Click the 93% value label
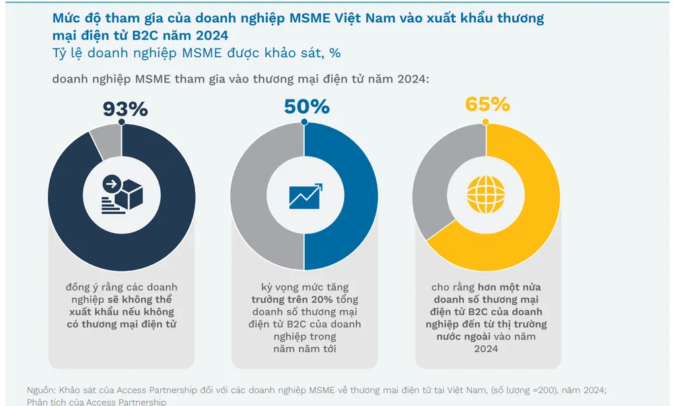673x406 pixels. click(125, 109)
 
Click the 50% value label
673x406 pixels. click(306, 107)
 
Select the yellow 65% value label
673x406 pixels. click(487, 105)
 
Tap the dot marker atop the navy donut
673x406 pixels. click(122, 123)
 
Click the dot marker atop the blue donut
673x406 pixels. click(304, 123)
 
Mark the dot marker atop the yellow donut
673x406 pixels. click(486, 122)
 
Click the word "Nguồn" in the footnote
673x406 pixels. click(40, 391)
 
